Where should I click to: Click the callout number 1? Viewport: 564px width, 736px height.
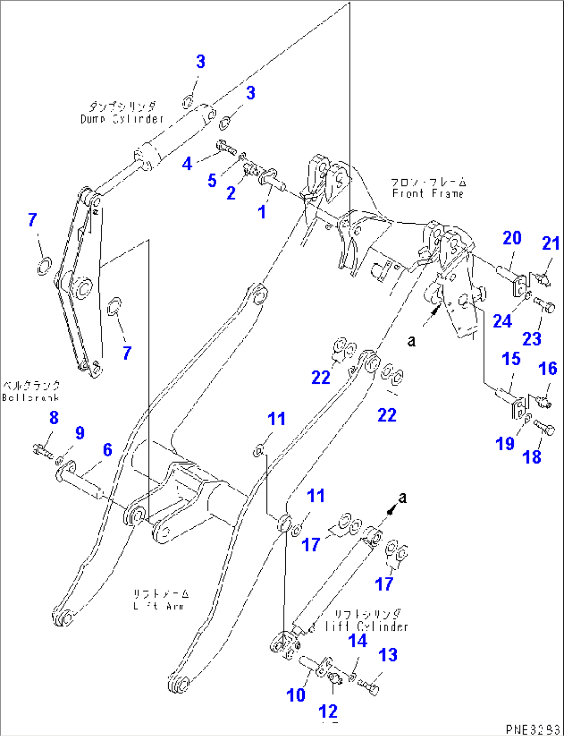click(x=262, y=212)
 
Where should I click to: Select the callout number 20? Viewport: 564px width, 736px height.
click(x=512, y=238)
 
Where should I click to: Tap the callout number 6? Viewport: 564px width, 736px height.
click(x=107, y=450)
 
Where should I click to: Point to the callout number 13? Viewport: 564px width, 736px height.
click(x=388, y=655)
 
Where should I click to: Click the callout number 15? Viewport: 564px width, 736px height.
click(x=511, y=358)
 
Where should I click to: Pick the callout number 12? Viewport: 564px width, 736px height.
click(x=328, y=711)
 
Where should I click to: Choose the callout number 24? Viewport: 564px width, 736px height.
click(x=502, y=321)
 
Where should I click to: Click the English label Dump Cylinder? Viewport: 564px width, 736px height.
click(x=122, y=119)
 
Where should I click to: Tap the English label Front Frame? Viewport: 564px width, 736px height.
click(x=427, y=193)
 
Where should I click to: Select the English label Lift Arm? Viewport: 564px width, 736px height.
click(x=158, y=605)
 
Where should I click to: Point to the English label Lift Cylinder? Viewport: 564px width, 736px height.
click(x=366, y=626)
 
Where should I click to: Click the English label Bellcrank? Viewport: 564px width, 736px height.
click(x=30, y=397)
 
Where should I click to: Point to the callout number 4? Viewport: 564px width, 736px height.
click(x=187, y=164)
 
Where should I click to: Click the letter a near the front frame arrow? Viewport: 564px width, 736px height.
click(x=411, y=341)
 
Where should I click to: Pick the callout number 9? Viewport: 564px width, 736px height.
click(x=79, y=432)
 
